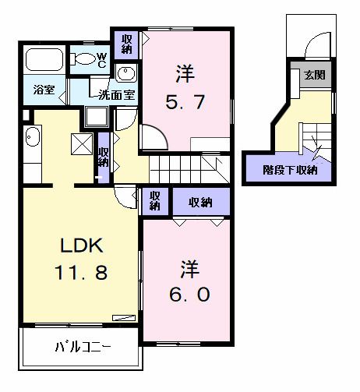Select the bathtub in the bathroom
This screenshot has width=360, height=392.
click(x=46, y=59)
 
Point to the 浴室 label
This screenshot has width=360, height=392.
click(x=44, y=90)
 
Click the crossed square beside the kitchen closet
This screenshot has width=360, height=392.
click(x=81, y=143)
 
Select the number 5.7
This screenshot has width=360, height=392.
click(x=185, y=102)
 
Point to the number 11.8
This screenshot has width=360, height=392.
click(x=77, y=273)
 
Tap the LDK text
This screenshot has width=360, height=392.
click(x=77, y=245)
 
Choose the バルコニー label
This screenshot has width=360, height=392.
click(x=82, y=347)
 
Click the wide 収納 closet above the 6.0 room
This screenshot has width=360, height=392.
click(x=201, y=203)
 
